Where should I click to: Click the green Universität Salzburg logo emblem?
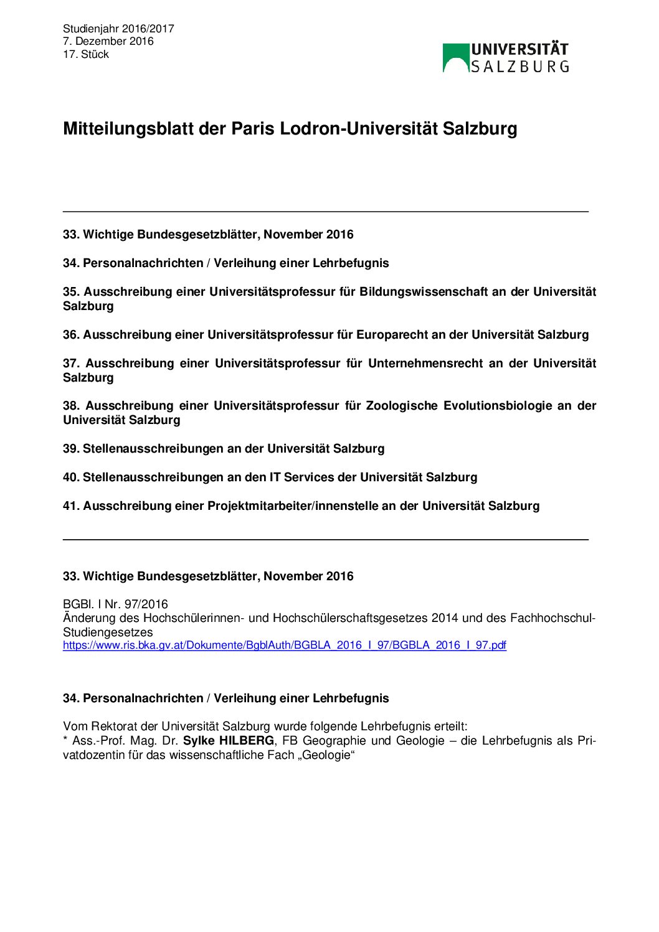[455, 58]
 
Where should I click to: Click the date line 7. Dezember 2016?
[108, 42]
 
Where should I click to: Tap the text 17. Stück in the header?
[85, 55]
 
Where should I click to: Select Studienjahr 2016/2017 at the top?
[118, 29]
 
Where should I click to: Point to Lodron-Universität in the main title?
[359, 129]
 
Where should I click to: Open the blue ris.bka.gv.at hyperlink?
[284, 646]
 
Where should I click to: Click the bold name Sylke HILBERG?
[228, 741]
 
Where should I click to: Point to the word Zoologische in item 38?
[402, 406]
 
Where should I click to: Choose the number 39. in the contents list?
[71, 449]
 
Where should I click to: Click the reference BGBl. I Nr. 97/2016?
[115, 605]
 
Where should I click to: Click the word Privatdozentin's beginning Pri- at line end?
[586, 741]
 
